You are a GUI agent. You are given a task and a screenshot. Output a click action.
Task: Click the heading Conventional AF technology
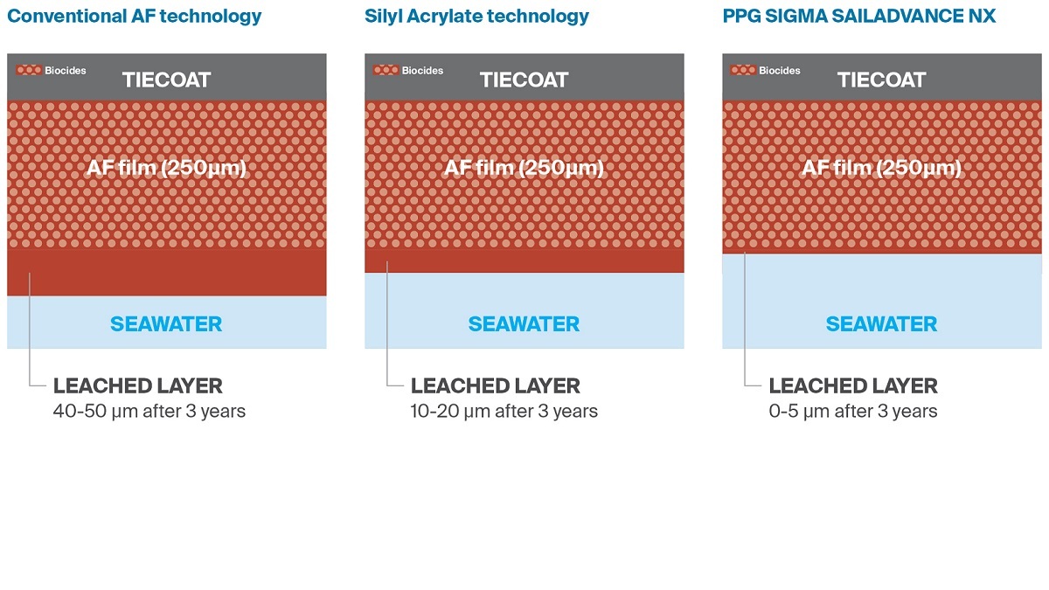point(134,17)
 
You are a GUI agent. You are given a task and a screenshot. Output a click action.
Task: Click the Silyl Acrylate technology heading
point(476,17)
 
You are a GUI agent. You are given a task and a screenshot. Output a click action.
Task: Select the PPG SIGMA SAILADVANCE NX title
point(858,17)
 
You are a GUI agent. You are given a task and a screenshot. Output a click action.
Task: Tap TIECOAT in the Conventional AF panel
point(166,80)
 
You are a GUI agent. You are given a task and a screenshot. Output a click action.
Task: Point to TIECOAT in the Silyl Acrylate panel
point(524,80)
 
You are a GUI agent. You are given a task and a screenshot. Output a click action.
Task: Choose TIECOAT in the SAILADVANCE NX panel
point(881,80)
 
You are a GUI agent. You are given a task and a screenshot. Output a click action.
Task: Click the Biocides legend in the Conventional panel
point(52,70)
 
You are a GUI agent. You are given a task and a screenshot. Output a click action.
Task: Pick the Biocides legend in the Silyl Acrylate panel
point(409,70)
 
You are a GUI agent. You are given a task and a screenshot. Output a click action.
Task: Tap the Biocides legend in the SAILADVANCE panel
point(767,70)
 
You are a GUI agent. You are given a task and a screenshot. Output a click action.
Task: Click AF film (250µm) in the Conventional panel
point(166,168)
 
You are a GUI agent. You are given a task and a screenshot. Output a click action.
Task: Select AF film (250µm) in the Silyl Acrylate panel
point(524,168)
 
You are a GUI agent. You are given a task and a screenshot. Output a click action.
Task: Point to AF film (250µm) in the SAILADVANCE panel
point(881,168)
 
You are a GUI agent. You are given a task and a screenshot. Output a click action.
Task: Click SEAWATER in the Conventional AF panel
point(166,324)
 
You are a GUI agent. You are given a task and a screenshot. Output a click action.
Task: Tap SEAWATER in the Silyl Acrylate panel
point(524,324)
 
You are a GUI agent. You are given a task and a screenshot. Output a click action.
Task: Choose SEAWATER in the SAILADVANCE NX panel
point(881,324)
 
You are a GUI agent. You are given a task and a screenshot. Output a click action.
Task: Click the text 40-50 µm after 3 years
point(149,411)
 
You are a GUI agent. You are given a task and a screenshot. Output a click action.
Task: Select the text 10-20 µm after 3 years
point(504,411)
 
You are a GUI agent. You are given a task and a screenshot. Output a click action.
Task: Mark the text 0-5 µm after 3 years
point(853,411)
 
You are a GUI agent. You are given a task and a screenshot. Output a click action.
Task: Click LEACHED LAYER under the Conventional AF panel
point(138,385)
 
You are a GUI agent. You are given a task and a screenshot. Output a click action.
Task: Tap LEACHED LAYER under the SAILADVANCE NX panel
point(853,385)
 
